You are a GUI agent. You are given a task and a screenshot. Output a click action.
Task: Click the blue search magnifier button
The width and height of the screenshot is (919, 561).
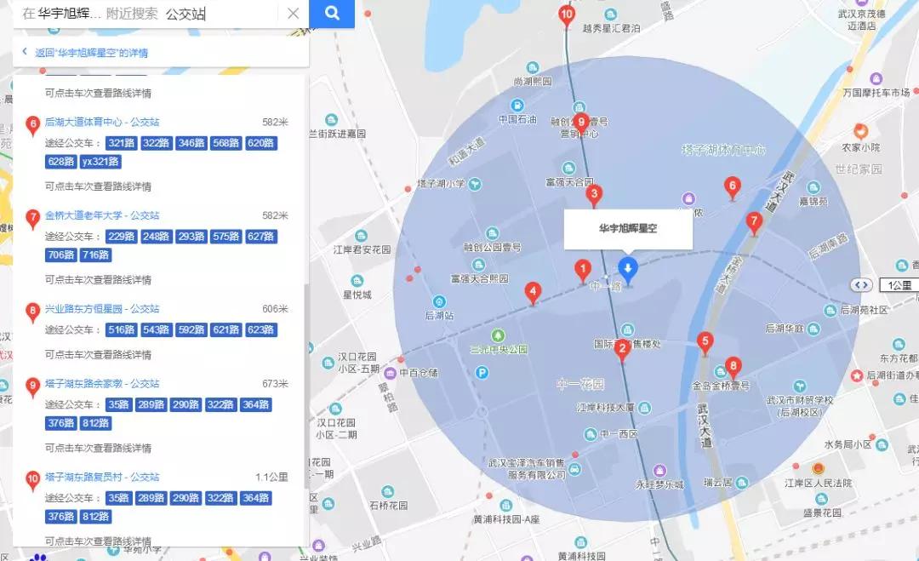click(x=332, y=14)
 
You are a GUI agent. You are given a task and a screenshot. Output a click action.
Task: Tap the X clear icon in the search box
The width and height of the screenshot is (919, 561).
click(x=293, y=14)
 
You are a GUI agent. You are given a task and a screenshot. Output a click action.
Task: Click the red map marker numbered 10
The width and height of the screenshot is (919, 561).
click(x=567, y=14)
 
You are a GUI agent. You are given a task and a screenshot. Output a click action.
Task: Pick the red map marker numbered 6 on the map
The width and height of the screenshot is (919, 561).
click(x=731, y=187)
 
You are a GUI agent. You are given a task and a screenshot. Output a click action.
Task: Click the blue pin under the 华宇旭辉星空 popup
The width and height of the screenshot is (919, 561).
click(x=628, y=270)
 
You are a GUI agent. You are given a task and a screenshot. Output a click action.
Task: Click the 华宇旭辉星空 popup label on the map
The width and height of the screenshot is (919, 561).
click(x=628, y=229)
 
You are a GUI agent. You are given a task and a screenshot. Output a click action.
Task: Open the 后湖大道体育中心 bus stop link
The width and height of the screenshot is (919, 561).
click(x=102, y=122)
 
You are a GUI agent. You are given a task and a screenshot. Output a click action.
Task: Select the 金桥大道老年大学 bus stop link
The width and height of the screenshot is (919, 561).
click(x=102, y=215)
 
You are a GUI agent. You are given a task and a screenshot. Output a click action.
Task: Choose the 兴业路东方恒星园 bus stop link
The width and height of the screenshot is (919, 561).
click(x=102, y=309)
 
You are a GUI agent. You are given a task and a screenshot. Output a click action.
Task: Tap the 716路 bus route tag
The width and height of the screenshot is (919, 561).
click(x=95, y=255)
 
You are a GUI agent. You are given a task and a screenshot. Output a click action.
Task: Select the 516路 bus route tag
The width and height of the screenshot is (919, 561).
click(x=121, y=330)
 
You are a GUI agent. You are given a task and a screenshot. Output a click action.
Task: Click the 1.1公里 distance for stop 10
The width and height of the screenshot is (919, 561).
click(x=271, y=477)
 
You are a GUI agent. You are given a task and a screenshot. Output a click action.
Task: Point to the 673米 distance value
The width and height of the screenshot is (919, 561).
click(x=275, y=383)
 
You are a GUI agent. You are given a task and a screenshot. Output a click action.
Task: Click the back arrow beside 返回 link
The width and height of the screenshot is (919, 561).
click(x=25, y=53)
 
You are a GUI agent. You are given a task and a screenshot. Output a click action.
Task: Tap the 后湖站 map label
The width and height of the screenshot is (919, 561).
click(x=439, y=315)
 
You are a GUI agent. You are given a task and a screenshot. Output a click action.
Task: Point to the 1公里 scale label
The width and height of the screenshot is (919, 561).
click(x=898, y=285)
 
